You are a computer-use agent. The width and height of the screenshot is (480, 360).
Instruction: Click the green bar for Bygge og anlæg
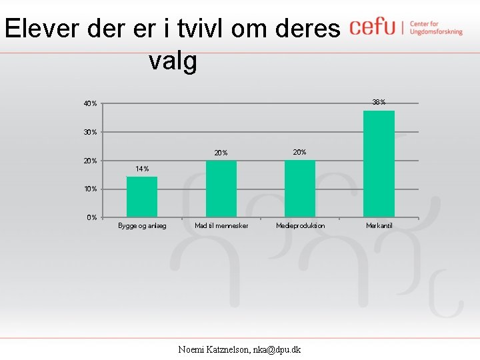pyautogui.click(x=142, y=197)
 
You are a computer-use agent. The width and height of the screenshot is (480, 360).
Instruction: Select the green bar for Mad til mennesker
pyautogui.click(x=221, y=189)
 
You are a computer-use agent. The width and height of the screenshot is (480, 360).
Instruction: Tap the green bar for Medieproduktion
pyautogui.click(x=300, y=189)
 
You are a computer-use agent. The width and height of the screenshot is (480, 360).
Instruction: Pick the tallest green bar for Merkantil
pyautogui.click(x=379, y=164)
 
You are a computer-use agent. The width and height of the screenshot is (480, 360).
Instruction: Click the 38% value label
pyautogui.click(x=379, y=102)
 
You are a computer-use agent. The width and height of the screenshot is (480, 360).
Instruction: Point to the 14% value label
pyautogui.click(x=142, y=169)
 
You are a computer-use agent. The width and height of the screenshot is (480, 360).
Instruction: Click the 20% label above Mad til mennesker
pyautogui.click(x=221, y=153)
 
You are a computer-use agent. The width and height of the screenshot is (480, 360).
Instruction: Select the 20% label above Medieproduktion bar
pyautogui.click(x=300, y=152)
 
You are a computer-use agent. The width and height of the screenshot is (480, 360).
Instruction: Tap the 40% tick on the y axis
pyautogui.click(x=90, y=104)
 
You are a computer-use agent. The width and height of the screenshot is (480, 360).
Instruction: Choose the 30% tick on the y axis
pyautogui.click(x=90, y=132)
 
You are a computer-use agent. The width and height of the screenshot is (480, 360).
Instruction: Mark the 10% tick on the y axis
pyautogui.click(x=90, y=189)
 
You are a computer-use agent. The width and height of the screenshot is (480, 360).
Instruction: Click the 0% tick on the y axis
pyautogui.click(x=91, y=217)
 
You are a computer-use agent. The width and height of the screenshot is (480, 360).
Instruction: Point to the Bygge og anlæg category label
pyautogui.click(x=142, y=226)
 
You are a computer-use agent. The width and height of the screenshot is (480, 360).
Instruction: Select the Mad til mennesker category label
pyautogui.click(x=221, y=226)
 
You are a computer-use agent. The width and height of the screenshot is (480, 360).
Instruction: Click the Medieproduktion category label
pyautogui.click(x=301, y=226)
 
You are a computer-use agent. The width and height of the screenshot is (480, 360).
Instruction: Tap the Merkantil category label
pyautogui.click(x=379, y=226)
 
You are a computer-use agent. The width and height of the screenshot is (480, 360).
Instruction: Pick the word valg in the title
pyautogui.click(x=173, y=61)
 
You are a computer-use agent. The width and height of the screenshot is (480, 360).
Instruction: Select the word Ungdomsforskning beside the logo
pyautogui.click(x=436, y=31)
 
